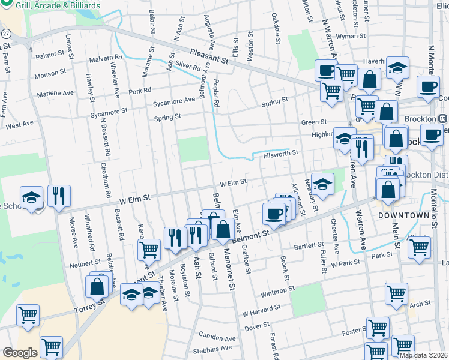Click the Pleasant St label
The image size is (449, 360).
pyautogui.click(x=210, y=56)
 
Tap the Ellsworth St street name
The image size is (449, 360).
pyautogui.click(x=280, y=154)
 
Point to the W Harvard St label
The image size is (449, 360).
pyautogui.click(x=261, y=310)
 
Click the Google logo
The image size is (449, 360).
pyautogui.click(x=20, y=353)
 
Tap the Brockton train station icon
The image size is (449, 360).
pyautogui.click(x=443, y=119)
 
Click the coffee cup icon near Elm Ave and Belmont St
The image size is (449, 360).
pyautogui.click(x=274, y=214)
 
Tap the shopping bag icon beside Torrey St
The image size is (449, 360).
pyautogui.click(x=97, y=286)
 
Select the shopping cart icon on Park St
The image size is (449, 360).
pyautogui.click(x=419, y=247)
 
